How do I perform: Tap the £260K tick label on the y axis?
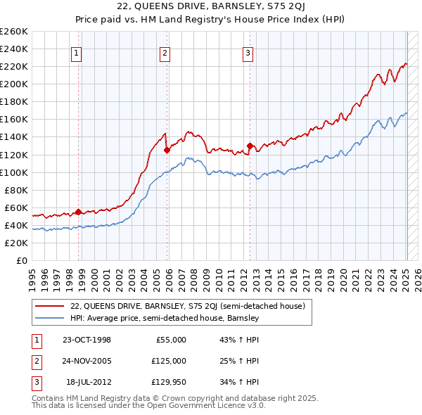14,32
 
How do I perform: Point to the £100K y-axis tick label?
14,172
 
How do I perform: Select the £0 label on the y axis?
23,261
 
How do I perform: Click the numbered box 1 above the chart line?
76,52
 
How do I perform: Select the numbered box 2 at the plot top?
165,52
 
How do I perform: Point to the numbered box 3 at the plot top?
248,52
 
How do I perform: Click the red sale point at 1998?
79,212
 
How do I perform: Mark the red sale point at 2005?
167,150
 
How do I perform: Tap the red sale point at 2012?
250,146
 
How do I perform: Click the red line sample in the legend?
51,307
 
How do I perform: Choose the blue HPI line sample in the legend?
51,319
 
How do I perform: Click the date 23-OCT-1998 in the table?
87,340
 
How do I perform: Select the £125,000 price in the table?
169,361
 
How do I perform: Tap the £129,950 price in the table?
169,382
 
